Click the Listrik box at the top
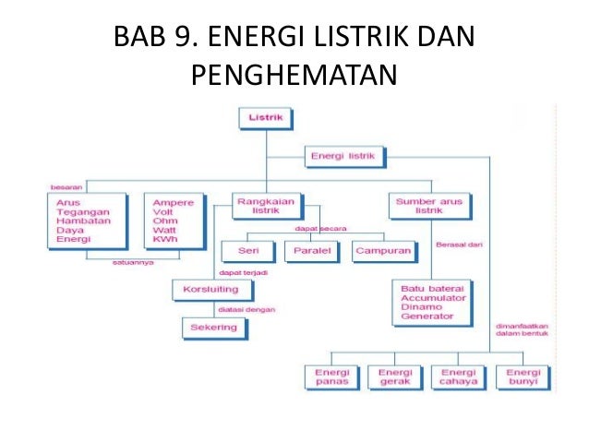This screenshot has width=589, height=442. (266, 119)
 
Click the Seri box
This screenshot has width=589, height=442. (247, 249)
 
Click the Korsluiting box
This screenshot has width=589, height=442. (211, 290)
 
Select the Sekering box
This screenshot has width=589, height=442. (214, 328)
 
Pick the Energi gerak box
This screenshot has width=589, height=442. (394, 376)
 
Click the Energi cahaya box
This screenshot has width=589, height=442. (458, 376)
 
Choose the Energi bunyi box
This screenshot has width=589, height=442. (523, 376)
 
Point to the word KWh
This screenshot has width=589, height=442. (164, 240)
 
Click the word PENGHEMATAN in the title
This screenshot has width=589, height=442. (294, 71)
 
